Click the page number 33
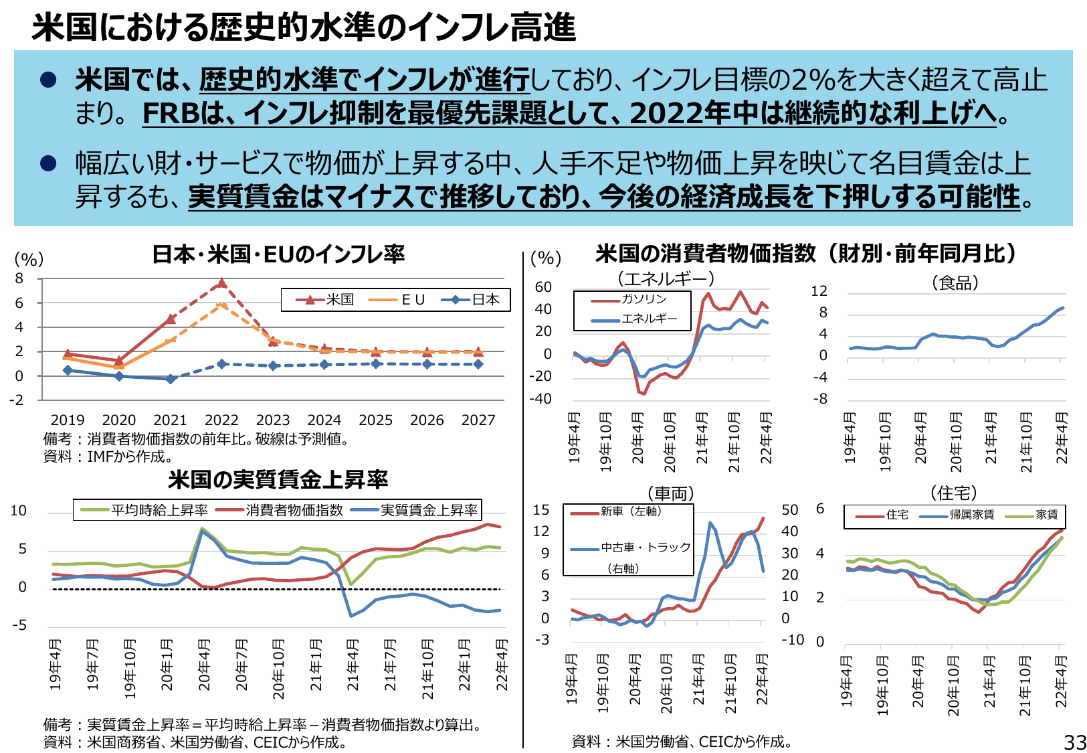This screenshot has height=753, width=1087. pyautogui.click(x=1075, y=742)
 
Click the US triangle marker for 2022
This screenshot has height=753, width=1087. pyautogui.click(x=221, y=283)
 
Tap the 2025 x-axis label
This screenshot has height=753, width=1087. pyautogui.click(x=375, y=420)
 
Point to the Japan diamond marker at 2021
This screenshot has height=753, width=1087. pyautogui.click(x=171, y=379)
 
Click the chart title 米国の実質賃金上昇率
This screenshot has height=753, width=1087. pyautogui.click(x=278, y=480)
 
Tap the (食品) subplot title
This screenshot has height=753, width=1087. pyautogui.click(x=955, y=283)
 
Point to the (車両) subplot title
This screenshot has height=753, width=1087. pyautogui.click(x=671, y=493)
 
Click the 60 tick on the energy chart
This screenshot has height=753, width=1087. pyautogui.click(x=543, y=287)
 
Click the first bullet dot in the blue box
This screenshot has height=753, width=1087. pyautogui.click(x=48, y=80)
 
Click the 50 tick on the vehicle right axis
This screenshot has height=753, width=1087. pyautogui.click(x=790, y=510)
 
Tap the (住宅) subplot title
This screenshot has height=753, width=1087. pyautogui.click(x=954, y=493)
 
